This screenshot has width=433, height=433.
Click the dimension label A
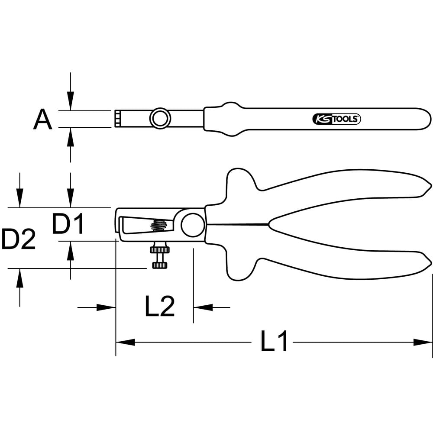coord(42,120)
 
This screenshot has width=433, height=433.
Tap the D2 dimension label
coord(19,239)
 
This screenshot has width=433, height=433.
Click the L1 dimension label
coord(274,341)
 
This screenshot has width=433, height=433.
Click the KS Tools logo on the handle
coord(336,119)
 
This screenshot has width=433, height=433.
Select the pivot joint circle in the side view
coord(193,225)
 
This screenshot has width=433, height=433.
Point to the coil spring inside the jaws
coord(159,225)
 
